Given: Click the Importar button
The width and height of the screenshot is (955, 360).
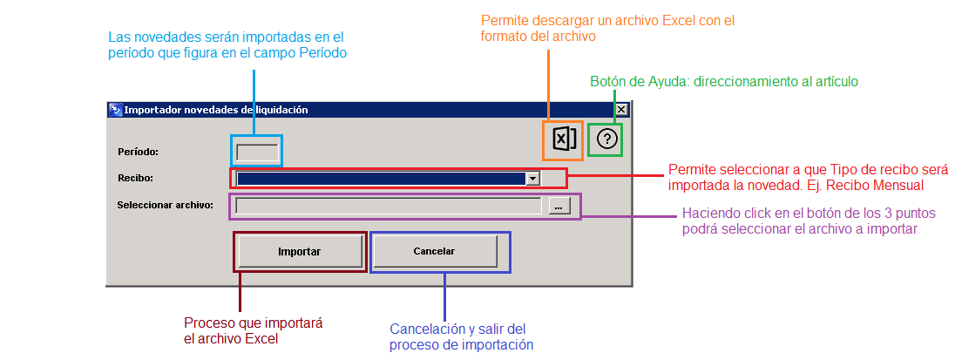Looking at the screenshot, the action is [x=300, y=252].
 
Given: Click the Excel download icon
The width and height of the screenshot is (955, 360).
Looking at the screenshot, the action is [x=564, y=140].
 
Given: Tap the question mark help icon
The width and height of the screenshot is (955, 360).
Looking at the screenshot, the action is [x=606, y=139].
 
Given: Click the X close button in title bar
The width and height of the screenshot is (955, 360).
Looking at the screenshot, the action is [x=621, y=110].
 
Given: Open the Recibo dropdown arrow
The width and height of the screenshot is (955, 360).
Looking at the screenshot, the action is [x=532, y=179].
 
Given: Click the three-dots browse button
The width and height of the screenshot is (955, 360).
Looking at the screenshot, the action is [x=559, y=207].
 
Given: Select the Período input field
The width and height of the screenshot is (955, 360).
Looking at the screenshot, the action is [x=257, y=153].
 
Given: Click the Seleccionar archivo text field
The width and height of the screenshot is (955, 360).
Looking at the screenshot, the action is [x=388, y=207].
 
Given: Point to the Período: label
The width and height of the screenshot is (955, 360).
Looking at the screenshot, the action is [x=139, y=153].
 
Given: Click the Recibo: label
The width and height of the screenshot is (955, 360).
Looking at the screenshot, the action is [x=136, y=179].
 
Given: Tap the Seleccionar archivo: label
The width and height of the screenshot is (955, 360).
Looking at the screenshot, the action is [x=165, y=206].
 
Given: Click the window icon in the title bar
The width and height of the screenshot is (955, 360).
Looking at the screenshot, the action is [x=115, y=110].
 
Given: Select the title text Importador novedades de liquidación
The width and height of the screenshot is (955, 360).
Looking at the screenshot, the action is [x=216, y=110].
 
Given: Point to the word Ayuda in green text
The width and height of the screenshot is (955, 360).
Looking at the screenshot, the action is [x=655, y=82].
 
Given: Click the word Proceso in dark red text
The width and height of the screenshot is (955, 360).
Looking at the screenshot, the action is [x=207, y=323].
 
